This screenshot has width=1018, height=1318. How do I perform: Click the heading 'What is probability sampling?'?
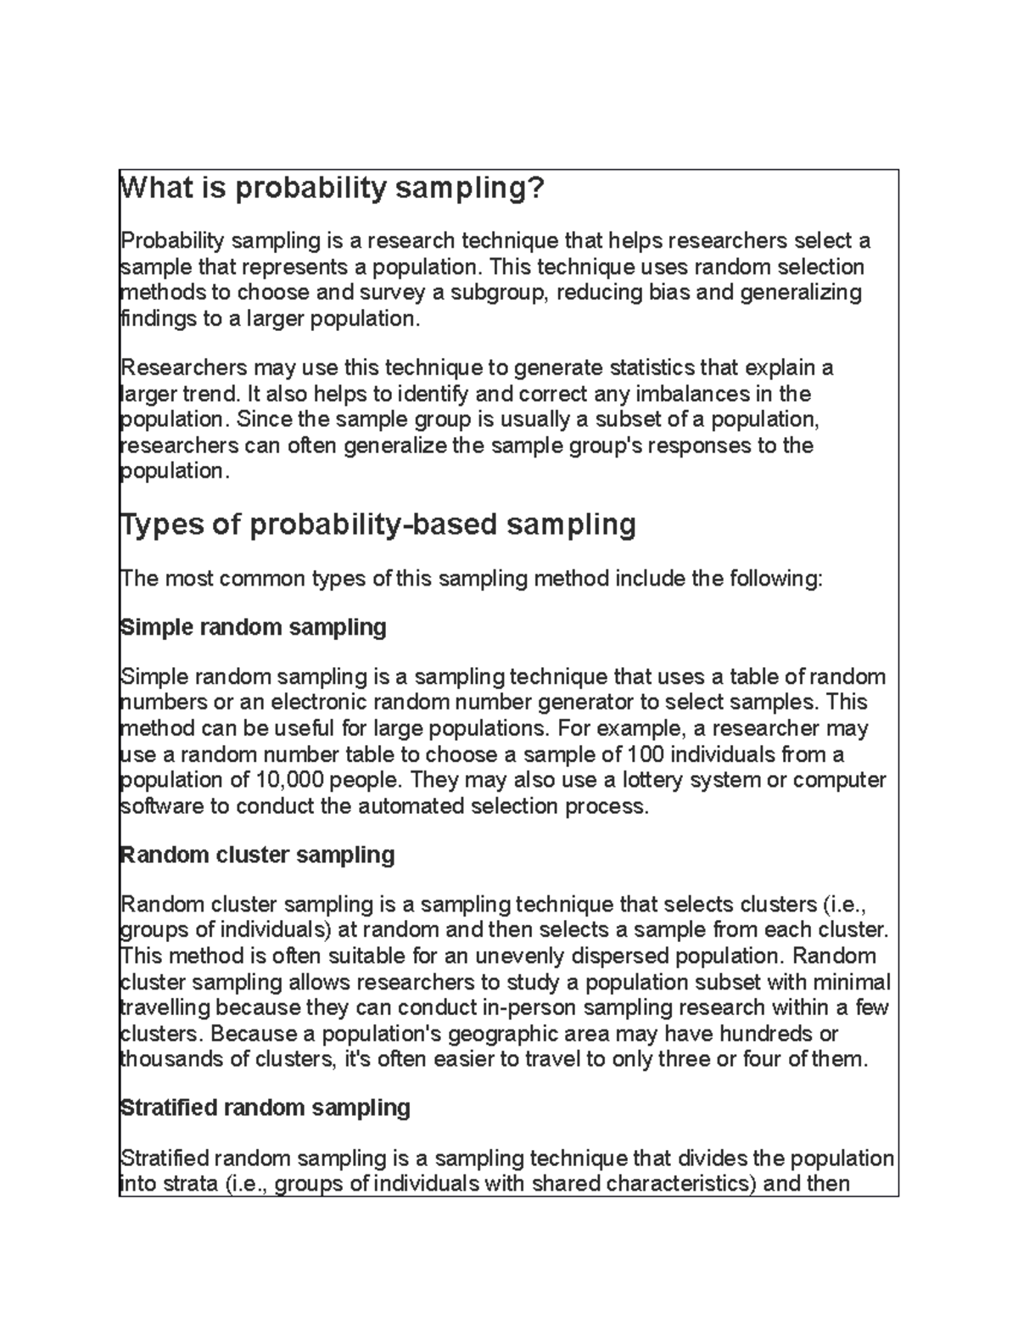(331, 188)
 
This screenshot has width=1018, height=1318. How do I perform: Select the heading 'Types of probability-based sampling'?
(378, 524)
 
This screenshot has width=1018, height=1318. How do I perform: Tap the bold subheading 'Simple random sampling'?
(254, 627)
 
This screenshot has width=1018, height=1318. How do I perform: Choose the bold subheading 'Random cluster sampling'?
(258, 855)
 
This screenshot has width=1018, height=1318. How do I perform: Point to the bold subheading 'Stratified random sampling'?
(266, 1108)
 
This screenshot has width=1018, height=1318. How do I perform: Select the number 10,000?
(288, 780)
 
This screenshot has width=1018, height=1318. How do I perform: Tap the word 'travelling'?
(165, 1008)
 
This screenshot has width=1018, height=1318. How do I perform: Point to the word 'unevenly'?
(521, 956)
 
